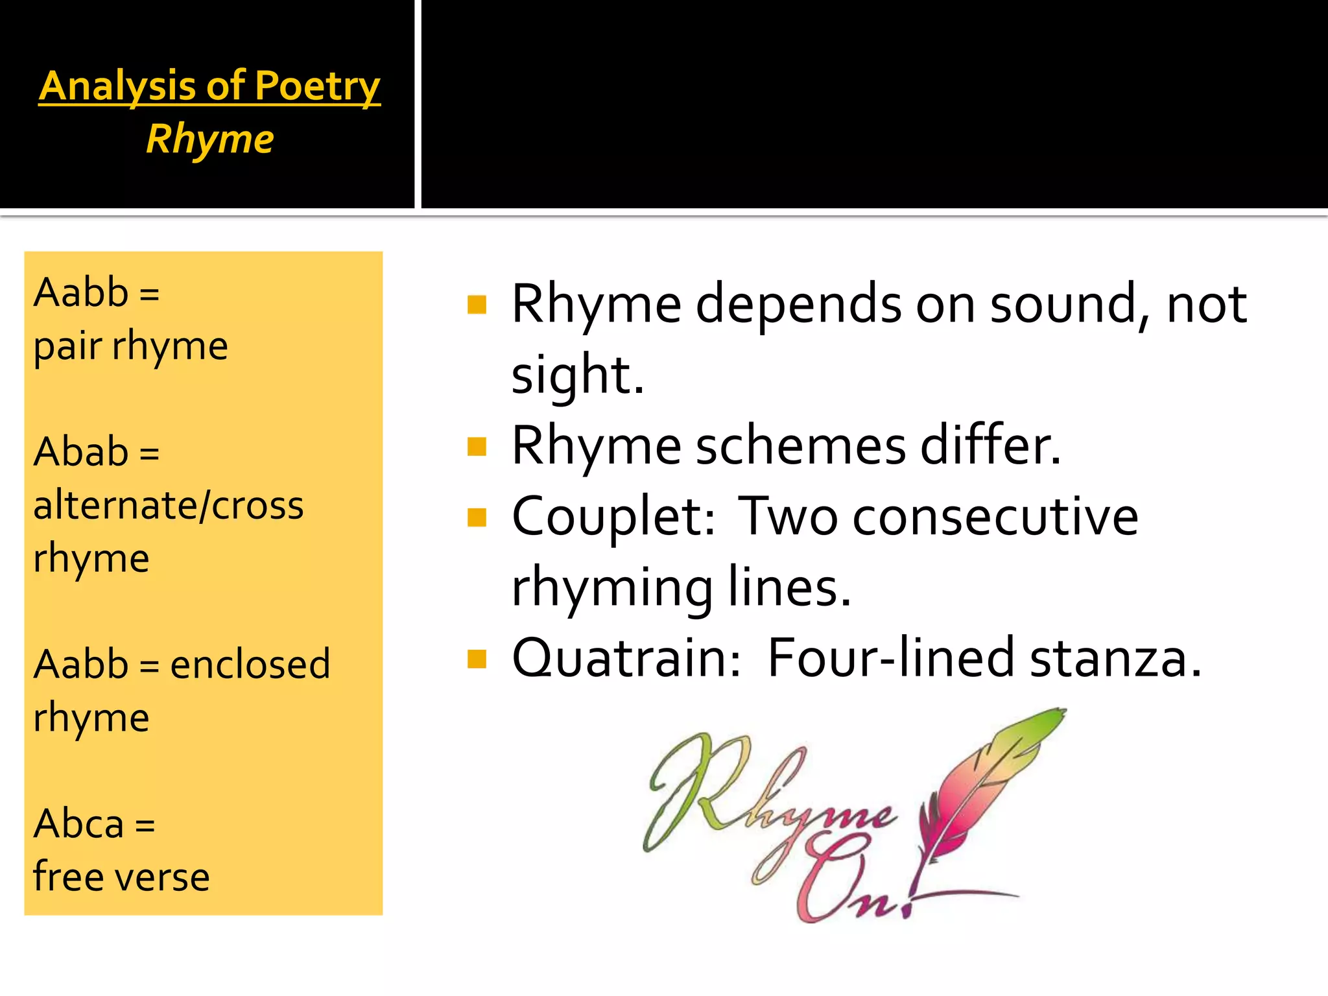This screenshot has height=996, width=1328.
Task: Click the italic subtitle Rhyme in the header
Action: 209,139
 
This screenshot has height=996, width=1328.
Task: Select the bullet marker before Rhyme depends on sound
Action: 477,305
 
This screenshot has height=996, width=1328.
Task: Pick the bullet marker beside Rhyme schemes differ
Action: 477,447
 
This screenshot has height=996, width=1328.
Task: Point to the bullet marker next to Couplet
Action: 477,517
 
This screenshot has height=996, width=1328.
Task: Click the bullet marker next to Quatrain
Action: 477,659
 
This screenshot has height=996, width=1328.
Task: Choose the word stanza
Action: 1115,659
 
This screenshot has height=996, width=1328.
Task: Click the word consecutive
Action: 995,517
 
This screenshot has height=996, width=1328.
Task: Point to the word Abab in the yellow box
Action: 81,451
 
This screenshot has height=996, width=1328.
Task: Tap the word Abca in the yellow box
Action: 78,824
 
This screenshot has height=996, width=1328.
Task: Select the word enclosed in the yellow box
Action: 250,665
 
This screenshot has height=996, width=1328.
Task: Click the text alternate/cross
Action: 169,505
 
